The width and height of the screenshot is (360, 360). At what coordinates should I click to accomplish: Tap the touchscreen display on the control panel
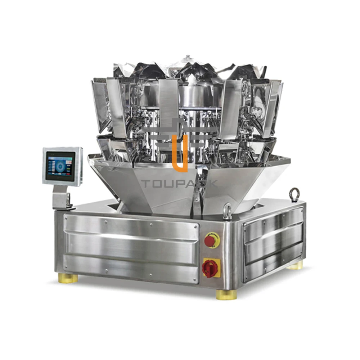60,166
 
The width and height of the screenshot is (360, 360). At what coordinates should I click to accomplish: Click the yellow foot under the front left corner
68,278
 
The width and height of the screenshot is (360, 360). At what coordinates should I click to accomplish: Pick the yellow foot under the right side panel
295,266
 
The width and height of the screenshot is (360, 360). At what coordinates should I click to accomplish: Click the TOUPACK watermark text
179,184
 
